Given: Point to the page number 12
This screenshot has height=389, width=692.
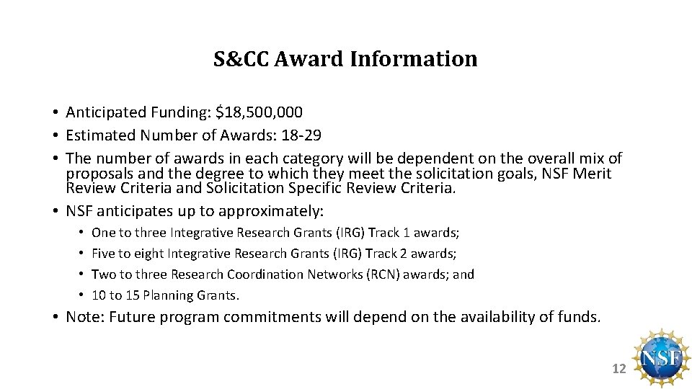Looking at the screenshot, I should pos(618,369).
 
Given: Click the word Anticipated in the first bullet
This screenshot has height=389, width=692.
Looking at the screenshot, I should pos(106,112).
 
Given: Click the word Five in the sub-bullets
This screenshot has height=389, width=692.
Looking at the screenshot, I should pos(103,254).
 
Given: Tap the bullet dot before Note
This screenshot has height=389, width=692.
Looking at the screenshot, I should pos(55,317).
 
